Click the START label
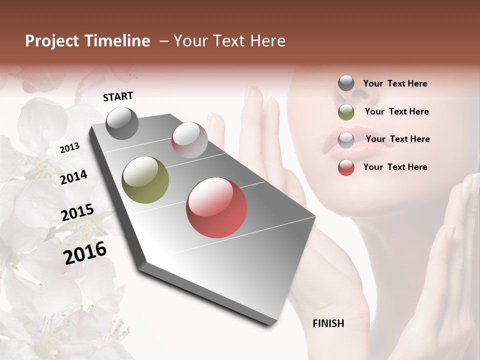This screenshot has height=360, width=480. (118, 96)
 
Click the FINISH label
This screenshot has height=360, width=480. (328, 323)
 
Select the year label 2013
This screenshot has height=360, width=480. (70, 147)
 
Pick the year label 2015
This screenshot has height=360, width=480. (77, 212)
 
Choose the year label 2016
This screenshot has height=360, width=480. (85, 252)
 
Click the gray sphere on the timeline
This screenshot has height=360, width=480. (122, 123)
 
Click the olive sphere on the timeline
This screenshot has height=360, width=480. (145, 180)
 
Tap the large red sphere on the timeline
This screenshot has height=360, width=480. (216, 207)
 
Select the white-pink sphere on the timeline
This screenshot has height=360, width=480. (189, 140)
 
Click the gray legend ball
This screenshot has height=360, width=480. (346, 83)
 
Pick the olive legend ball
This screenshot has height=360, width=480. (346, 112)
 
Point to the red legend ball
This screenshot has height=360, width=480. (346, 167)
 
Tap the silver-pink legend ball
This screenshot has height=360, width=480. (346, 139)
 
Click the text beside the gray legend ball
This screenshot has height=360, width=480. (395, 83)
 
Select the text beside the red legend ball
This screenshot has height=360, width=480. (395, 167)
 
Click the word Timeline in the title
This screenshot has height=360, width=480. (118, 41)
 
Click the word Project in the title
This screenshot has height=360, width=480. (52, 41)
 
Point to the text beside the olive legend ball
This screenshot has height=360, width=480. (396, 111)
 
